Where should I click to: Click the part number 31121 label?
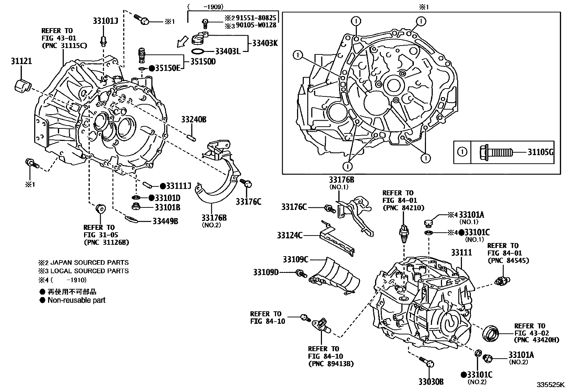21,61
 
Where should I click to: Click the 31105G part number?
540,153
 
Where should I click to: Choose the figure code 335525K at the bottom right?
551,385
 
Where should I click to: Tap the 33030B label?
431,382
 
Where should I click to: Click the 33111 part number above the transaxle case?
461,253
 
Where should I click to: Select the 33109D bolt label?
266,273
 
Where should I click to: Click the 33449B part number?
165,222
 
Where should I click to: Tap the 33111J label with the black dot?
176,186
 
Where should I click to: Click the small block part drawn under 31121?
23,86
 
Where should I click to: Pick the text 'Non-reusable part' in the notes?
77,300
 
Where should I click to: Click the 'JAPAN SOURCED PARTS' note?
89,263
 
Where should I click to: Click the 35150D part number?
203,62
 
